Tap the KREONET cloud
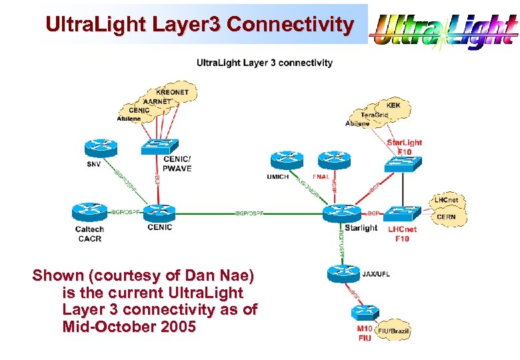(x=172, y=92)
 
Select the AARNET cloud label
(x=158, y=101)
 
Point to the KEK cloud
(x=393, y=105)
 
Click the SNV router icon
(x=101, y=149)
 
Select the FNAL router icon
(x=333, y=160)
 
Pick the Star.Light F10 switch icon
(x=404, y=163)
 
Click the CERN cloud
(x=446, y=217)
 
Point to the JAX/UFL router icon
(x=343, y=273)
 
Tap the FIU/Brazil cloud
(x=394, y=330)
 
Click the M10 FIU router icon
(x=365, y=313)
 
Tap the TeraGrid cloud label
(x=374, y=115)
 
